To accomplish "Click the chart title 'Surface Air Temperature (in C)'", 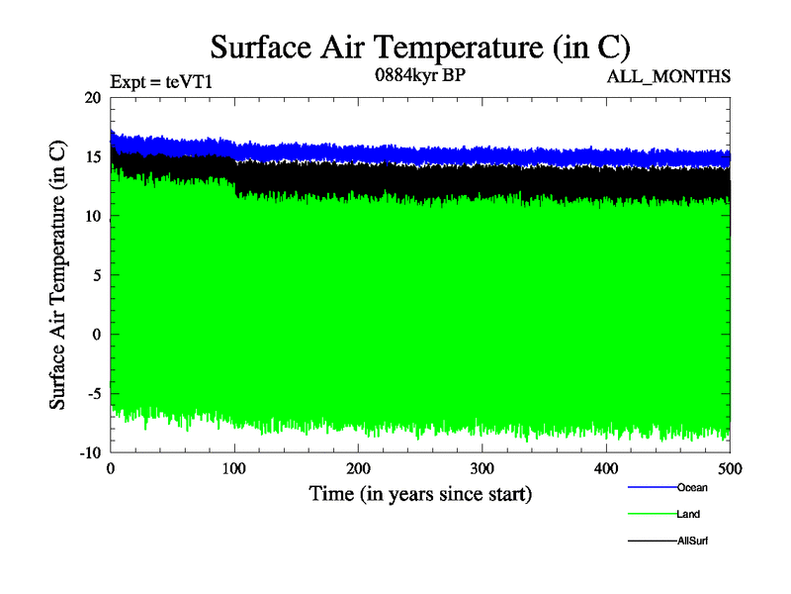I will point(420,47).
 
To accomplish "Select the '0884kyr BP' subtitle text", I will point(420,75).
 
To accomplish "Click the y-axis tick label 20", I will point(92,98).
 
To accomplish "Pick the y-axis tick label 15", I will point(92,157).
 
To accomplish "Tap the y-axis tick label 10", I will point(92,216).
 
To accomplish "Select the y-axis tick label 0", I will point(96,335).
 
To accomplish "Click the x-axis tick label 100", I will point(234,468).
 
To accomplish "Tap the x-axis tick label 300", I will point(483,468).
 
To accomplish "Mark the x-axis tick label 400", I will point(606,468).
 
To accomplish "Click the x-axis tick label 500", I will point(730,468).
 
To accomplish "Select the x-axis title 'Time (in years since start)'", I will point(420,493).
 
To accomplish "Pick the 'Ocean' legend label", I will point(692,487).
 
